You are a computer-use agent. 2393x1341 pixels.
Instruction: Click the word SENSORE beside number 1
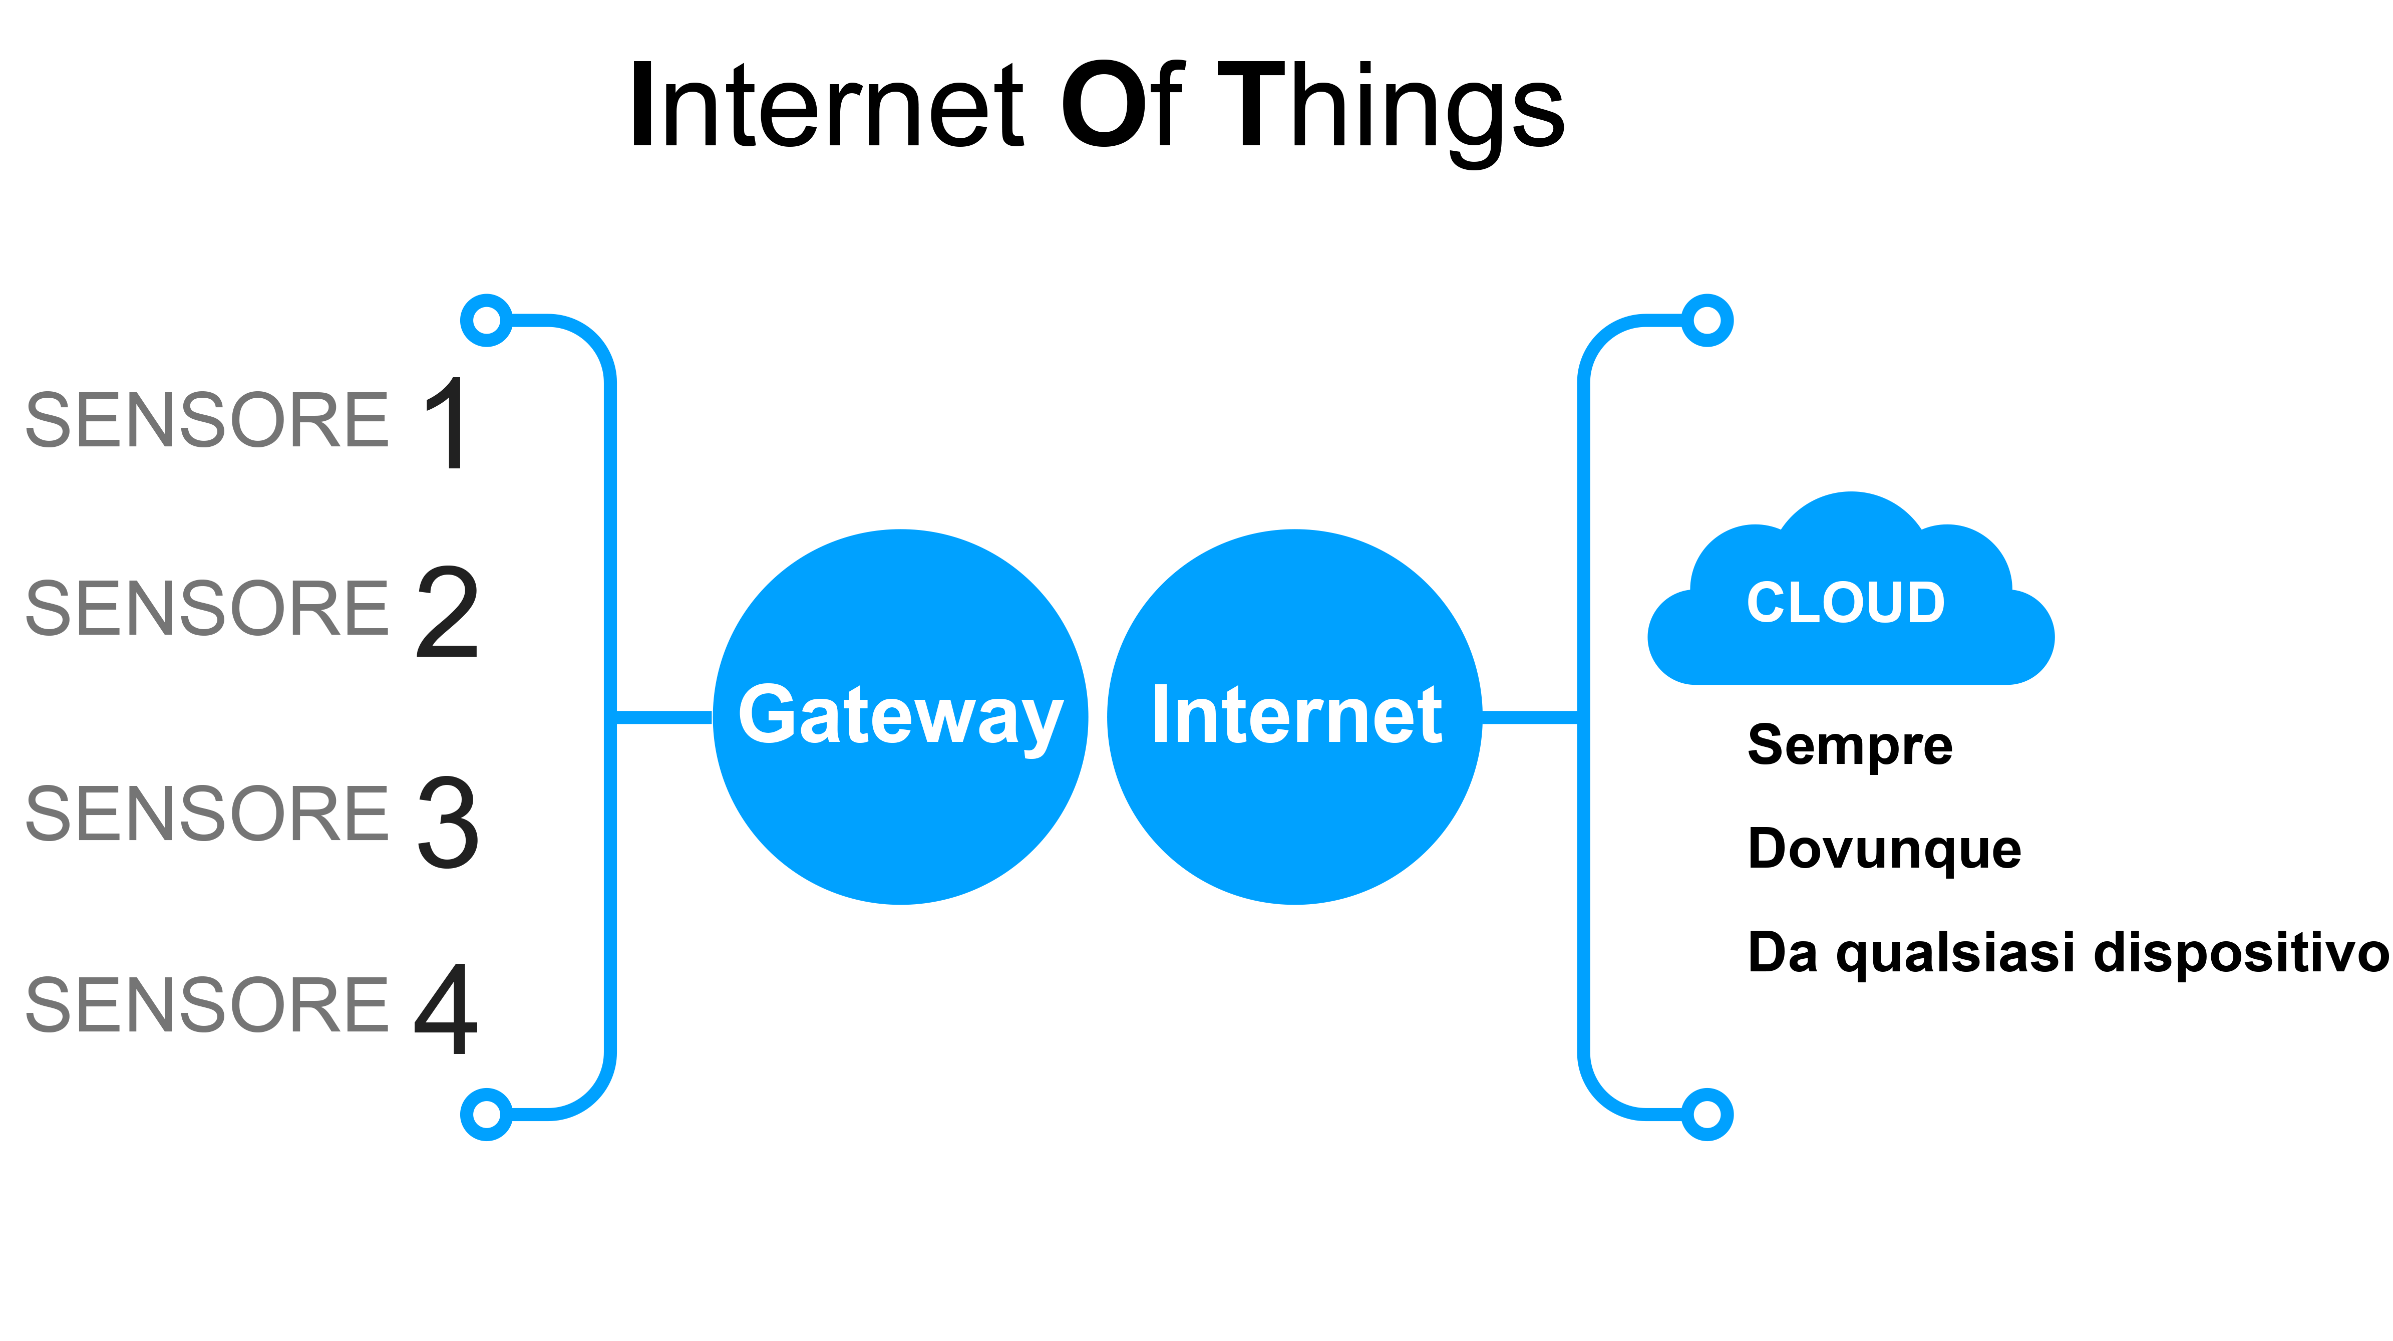tap(206, 420)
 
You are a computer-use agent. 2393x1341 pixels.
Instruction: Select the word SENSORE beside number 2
tap(206, 609)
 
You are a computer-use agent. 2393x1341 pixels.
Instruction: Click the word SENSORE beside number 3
tap(206, 814)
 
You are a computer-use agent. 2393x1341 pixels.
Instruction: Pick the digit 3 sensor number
tap(448, 822)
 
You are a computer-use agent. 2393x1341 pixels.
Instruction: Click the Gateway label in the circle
tap(899, 715)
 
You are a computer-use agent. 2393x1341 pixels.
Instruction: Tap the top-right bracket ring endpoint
tap(1707, 321)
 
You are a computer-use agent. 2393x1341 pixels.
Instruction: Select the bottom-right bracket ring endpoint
tap(1707, 1114)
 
